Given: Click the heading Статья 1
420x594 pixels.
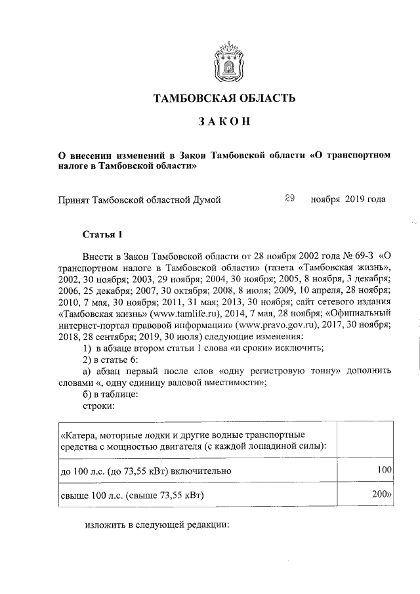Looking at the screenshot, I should coord(102,234).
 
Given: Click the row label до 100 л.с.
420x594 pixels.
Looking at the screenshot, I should coord(144,471).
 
